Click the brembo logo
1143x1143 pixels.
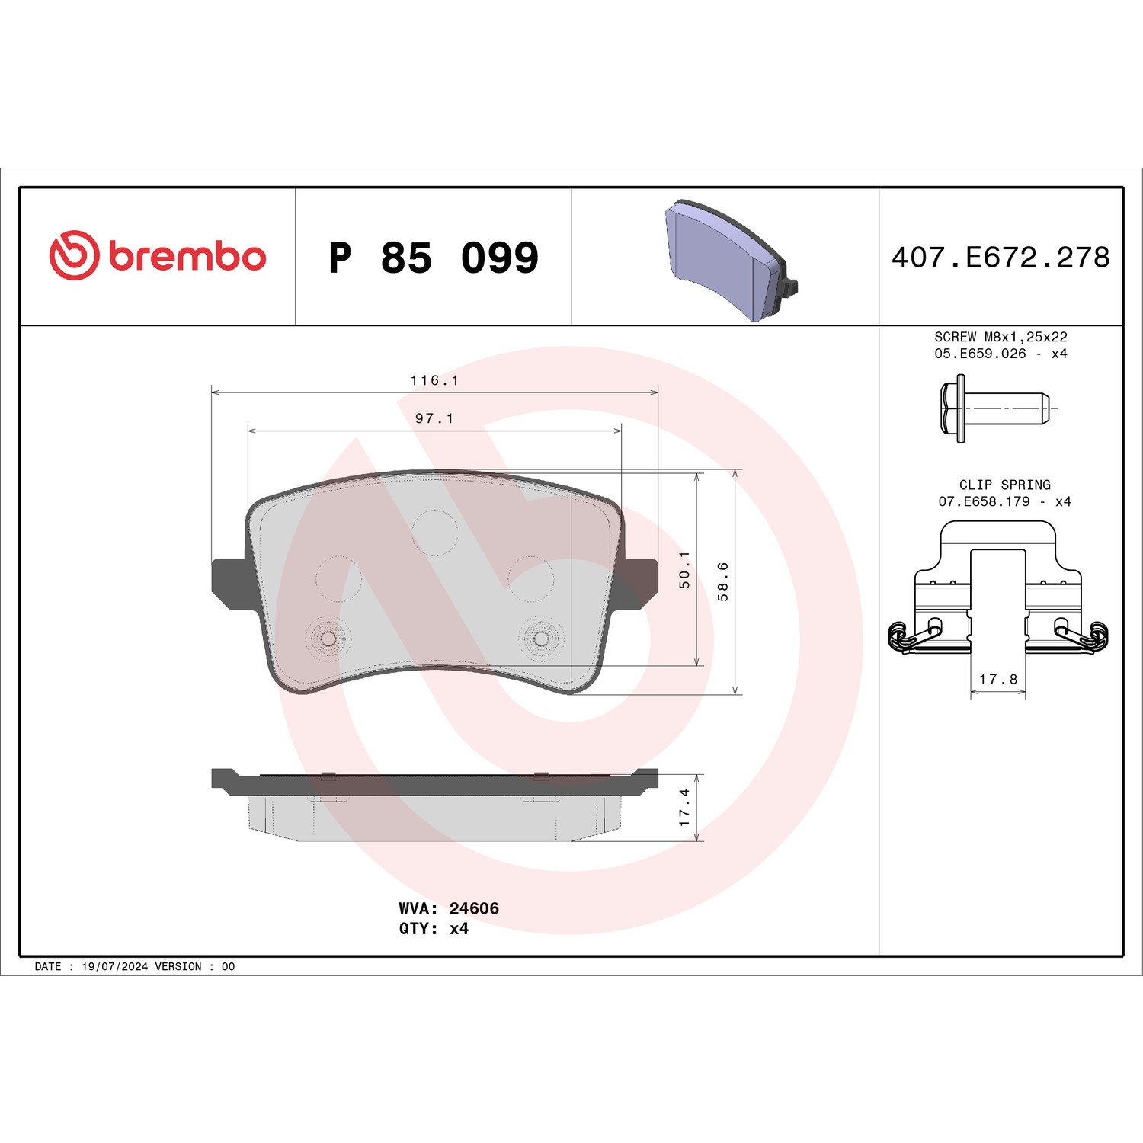click(x=158, y=255)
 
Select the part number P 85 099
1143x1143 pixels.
click(x=434, y=258)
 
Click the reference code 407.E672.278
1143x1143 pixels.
click(x=1001, y=258)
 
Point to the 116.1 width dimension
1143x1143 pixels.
click(x=434, y=380)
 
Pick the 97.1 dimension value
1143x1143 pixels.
click(x=434, y=418)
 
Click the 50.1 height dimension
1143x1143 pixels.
click(x=684, y=570)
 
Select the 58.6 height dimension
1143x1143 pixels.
click(x=723, y=582)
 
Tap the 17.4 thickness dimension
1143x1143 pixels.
click(x=684, y=808)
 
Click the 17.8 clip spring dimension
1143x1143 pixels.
click(x=998, y=679)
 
